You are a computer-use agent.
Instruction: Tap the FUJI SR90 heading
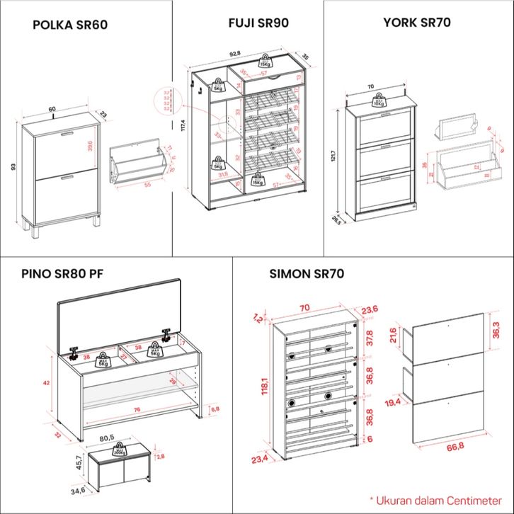(x=258, y=23)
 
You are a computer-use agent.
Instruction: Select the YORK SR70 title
(x=417, y=23)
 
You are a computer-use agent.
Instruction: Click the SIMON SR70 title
(x=307, y=275)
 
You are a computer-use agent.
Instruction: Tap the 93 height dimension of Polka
(x=13, y=167)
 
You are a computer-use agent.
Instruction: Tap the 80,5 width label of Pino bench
(x=108, y=438)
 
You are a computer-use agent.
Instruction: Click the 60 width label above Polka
(x=52, y=109)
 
